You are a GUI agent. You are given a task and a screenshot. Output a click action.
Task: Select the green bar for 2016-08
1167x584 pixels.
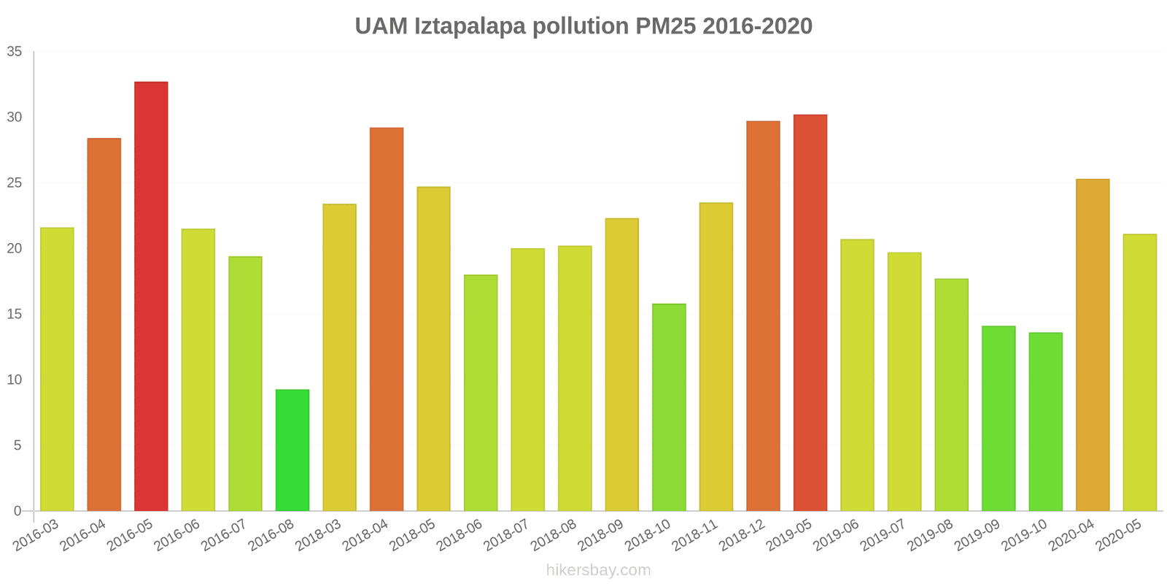pyautogui.click(x=292, y=450)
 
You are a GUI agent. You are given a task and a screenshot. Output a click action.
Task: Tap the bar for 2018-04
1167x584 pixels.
pyautogui.click(x=387, y=319)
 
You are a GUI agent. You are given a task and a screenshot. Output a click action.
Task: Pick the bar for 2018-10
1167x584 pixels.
pyautogui.click(x=669, y=407)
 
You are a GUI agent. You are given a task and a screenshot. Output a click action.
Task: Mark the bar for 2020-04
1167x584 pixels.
pyautogui.click(x=1093, y=345)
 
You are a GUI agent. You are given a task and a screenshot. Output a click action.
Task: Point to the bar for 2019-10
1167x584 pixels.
pyautogui.click(x=1045, y=422)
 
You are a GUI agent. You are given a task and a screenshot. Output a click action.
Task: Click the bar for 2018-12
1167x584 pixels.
pyautogui.click(x=763, y=316)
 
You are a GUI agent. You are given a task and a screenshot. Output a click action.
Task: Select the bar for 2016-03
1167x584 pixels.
pyautogui.click(x=57, y=369)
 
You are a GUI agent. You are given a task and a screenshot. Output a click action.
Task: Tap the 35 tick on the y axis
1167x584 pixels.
pyautogui.click(x=15, y=52)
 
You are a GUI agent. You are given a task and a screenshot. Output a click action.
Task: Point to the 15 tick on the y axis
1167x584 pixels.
pyautogui.click(x=15, y=315)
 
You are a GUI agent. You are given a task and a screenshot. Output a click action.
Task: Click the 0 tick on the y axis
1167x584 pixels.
pyautogui.click(x=18, y=511)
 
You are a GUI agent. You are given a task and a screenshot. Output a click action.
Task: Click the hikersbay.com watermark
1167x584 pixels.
pyautogui.click(x=598, y=570)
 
